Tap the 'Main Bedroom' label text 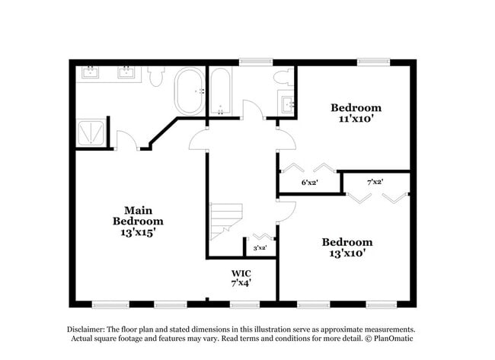click(139, 215)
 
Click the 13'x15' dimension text click(139, 234)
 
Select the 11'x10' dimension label click(356, 119)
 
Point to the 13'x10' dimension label click(347, 254)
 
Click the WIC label click(241, 272)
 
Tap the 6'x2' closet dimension click(310, 183)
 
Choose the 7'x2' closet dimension click(375, 182)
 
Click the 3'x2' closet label click(260, 247)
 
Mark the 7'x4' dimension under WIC click(241, 282)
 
